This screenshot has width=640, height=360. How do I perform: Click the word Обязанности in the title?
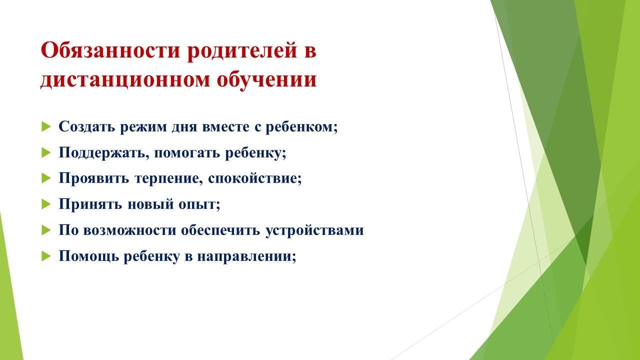[x=110, y=50]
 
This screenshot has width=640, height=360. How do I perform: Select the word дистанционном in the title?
[x=125, y=80]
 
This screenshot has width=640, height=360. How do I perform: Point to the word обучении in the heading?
[x=266, y=79]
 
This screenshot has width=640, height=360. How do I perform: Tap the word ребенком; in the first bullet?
[x=301, y=127]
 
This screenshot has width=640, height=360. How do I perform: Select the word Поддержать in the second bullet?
[x=104, y=153]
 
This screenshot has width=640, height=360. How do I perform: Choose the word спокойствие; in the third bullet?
[x=255, y=178]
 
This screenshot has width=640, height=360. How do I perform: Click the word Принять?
[x=90, y=204]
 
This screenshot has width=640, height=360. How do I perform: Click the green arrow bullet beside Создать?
[x=46, y=126]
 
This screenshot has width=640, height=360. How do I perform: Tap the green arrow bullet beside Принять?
[x=46, y=204]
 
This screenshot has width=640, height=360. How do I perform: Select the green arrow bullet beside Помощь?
[x=46, y=256]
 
